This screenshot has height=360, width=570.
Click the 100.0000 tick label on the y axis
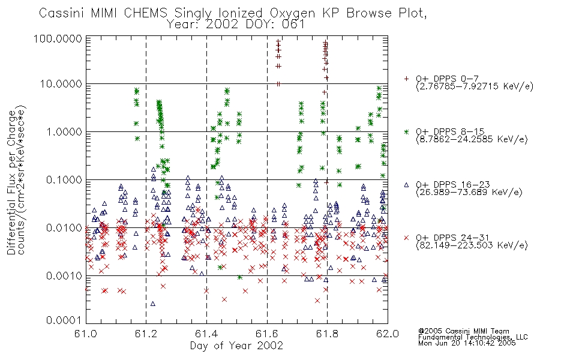(58, 38)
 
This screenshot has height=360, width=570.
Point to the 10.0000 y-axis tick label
(61, 84)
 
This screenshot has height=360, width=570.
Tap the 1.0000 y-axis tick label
(64, 131)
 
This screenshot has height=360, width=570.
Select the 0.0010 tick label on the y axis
(64, 275)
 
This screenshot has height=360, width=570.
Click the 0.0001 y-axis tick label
(64, 320)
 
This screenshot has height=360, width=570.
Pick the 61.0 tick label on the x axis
(86, 334)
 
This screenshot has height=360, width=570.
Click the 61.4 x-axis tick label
(206, 334)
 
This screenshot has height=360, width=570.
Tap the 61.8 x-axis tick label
(327, 334)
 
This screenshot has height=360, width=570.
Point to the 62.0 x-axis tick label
(388, 334)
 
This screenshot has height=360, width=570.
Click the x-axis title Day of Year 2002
(236, 346)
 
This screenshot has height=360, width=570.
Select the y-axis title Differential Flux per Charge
(11, 182)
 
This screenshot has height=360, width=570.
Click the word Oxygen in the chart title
(293, 13)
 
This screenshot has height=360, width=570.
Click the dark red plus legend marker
(406, 79)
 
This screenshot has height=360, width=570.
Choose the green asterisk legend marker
(406, 131)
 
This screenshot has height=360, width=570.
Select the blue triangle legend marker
(406, 185)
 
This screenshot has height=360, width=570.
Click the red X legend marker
(406, 238)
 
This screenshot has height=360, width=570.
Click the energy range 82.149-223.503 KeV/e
(472, 245)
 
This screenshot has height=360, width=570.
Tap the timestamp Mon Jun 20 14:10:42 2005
(467, 343)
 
